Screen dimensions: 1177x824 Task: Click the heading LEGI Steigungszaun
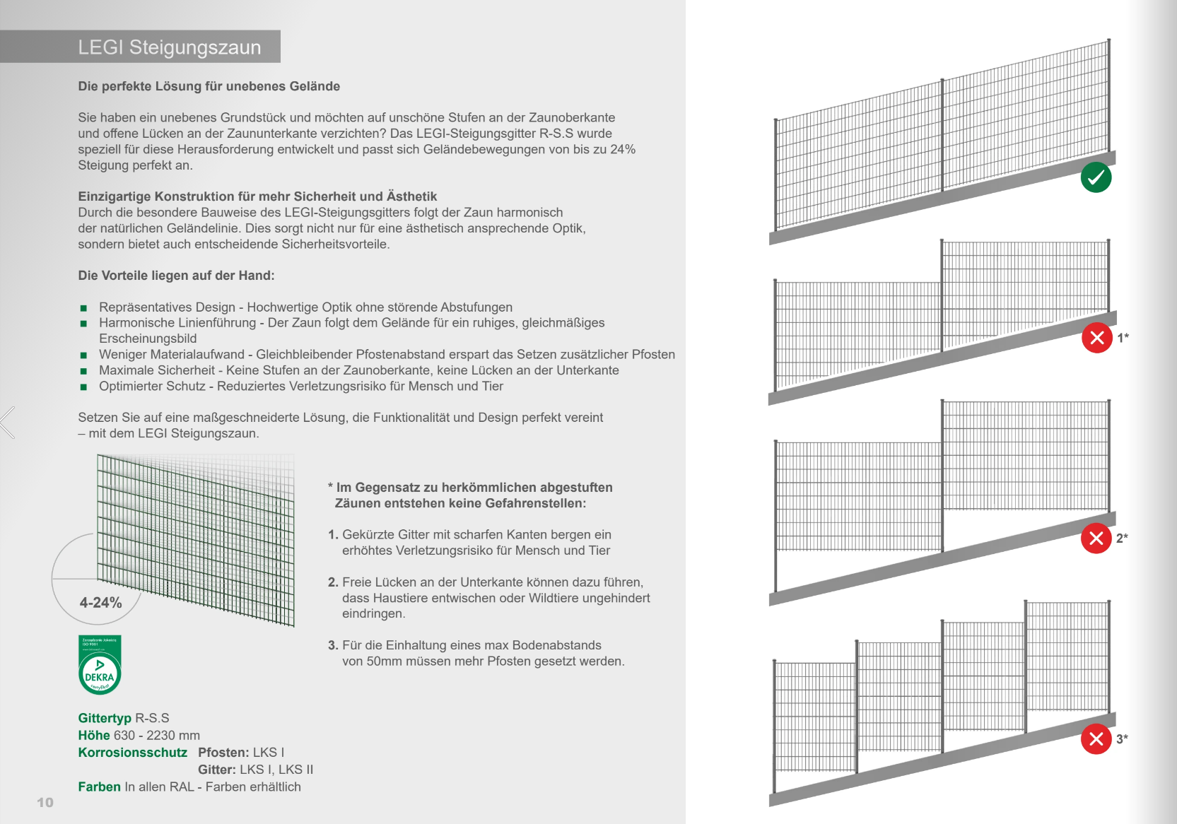pyautogui.click(x=169, y=47)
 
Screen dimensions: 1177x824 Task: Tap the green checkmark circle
pyautogui.click(x=1096, y=177)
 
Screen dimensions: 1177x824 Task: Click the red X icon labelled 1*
pyautogui.click(x=1096, y=338)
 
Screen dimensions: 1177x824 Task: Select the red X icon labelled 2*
pyautogui.click(x=1096, y=538)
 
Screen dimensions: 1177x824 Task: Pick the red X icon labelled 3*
pyautogui.click(x=1096, y=739)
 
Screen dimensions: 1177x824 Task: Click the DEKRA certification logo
pyautogui.click(x=100, y=664)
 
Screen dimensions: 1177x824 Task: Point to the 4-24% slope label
pyautogui.click(x=100, y=602)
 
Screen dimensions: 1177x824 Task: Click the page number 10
pyautogui.click(x=45, y=802)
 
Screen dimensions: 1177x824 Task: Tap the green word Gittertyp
pyautogui.click(x=105, y=718)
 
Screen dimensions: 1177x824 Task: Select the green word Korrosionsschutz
pyautogui.click(x=132, y=752)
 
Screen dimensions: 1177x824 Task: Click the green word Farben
pyautogui.click(x=99, y=787)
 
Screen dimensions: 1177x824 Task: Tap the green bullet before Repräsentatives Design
pyautogui.click(x=83, y=307)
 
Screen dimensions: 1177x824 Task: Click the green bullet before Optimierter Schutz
pyautogui.click(x=83, y=387)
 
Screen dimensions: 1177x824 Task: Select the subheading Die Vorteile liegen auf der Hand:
pyautogui.click(x=176, y=275)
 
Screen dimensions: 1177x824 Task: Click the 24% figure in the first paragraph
pyautogui.click(x=623, y=149)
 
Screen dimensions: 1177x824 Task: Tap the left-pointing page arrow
pyautogui.click(x=7, y=422)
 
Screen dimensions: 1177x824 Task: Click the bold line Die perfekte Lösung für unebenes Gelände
pyautogui.click(x=209, y=86)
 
